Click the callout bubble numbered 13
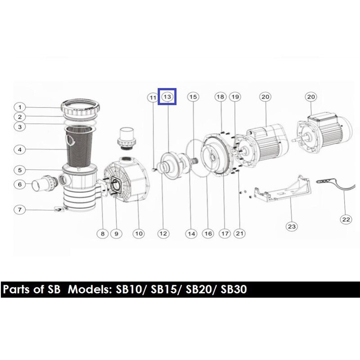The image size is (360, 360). point(167,97)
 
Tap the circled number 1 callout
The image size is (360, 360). point(20,107)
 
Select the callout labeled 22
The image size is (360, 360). point(346,220)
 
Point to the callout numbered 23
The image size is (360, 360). point(292,227)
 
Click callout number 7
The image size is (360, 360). point(20,210)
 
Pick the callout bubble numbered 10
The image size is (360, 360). point(139,234)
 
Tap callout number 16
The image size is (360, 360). point(208,234)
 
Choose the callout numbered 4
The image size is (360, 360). point(20,150)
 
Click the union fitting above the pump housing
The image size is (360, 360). point(126,138)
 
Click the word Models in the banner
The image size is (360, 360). point(90,289)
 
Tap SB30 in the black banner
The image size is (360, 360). point(234,289)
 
